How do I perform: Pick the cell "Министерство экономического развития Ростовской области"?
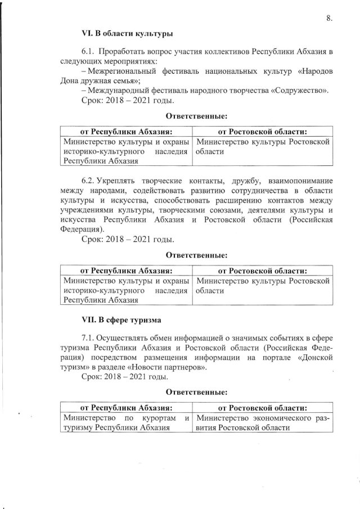263,422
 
